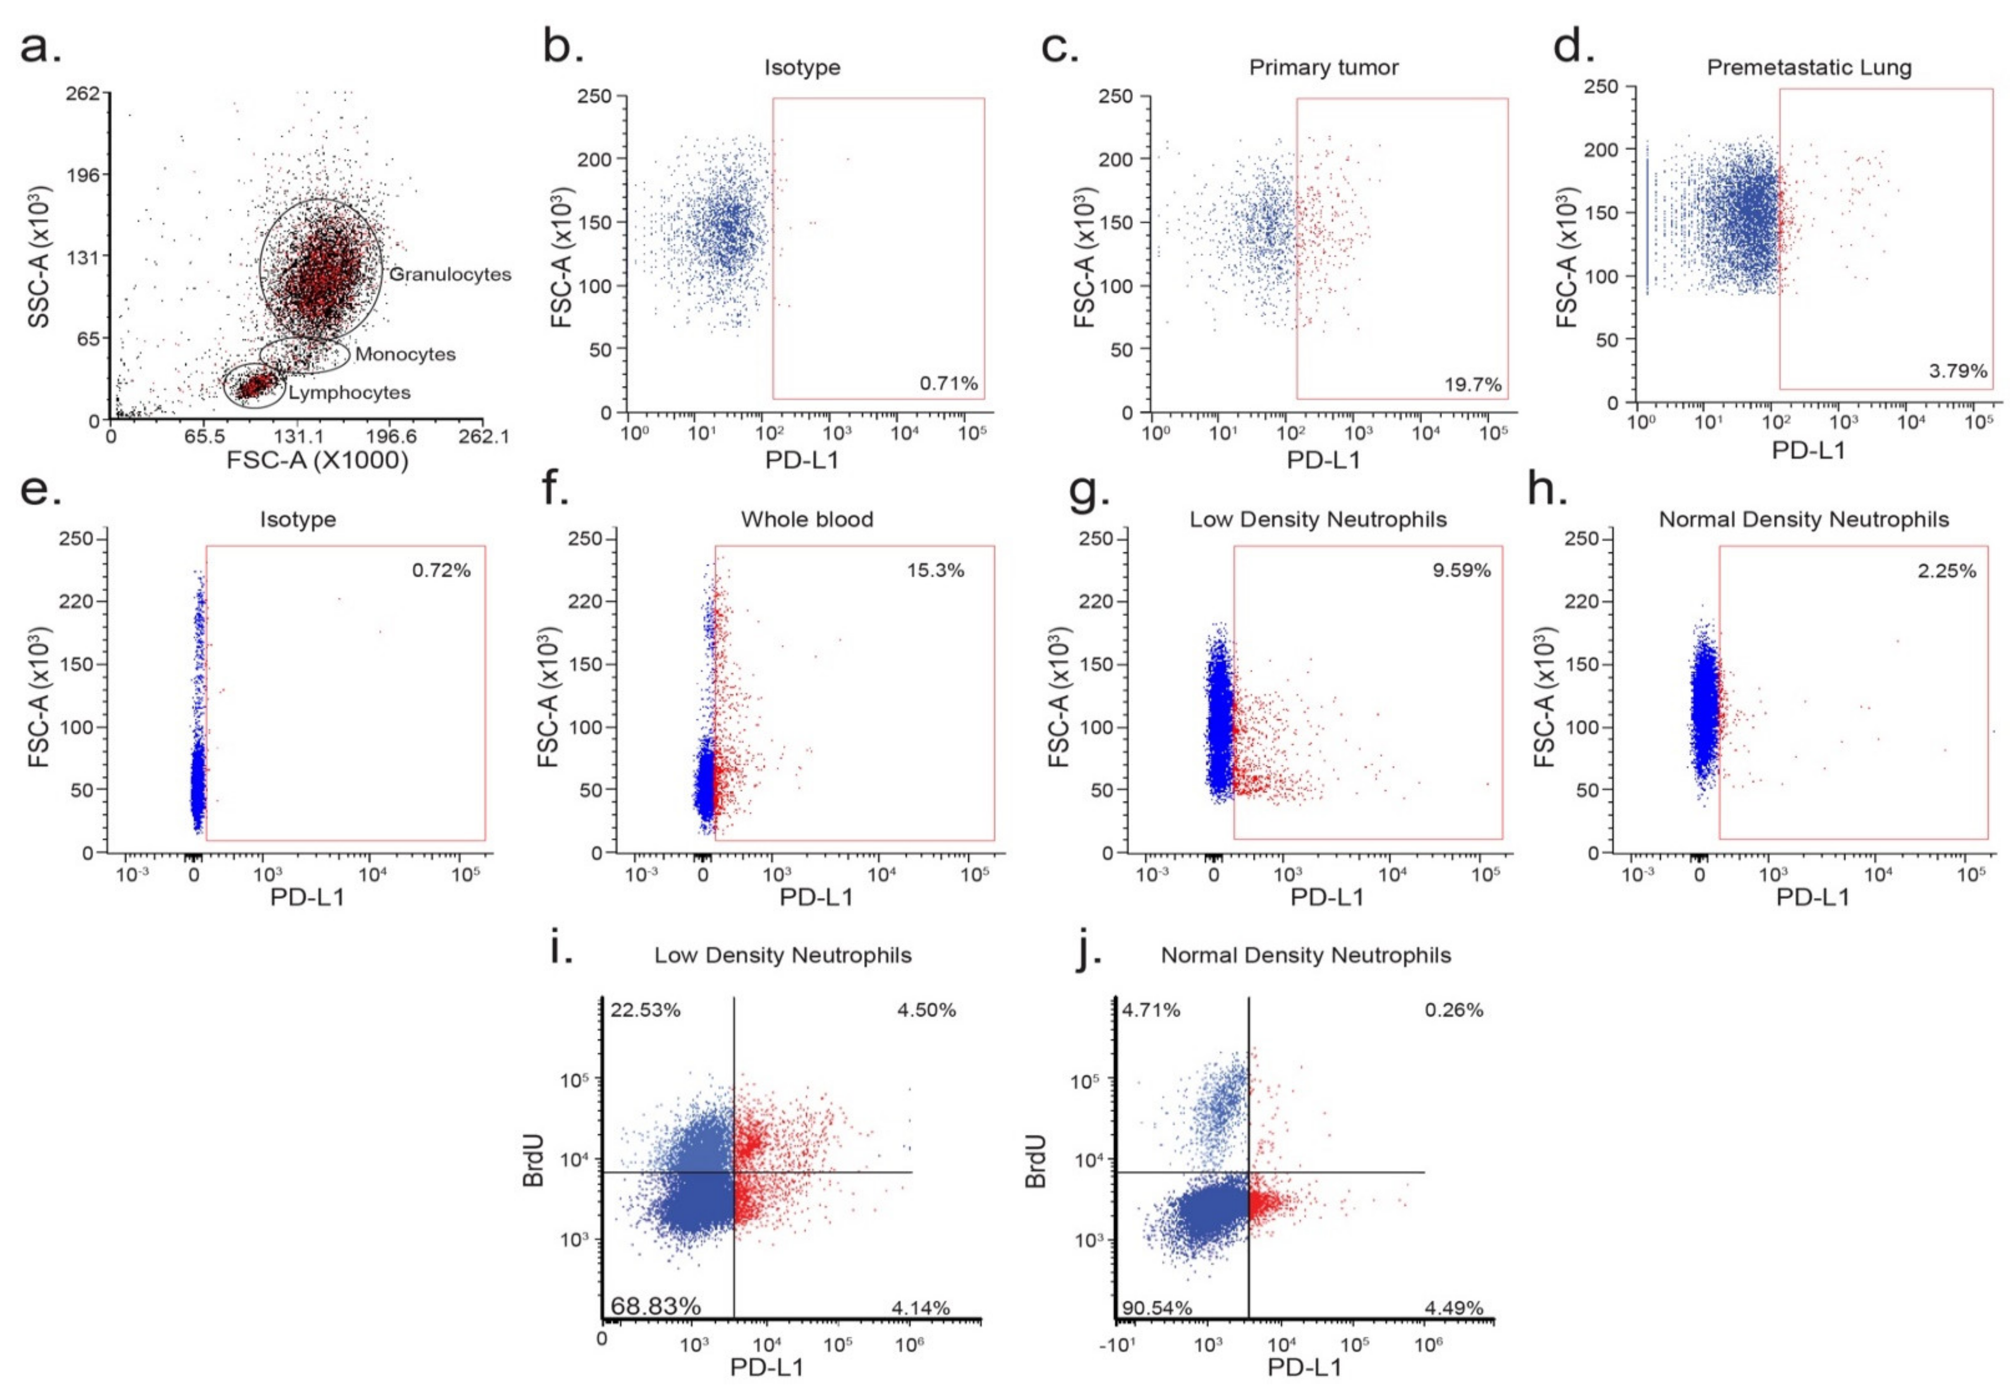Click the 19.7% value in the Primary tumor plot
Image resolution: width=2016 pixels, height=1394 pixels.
pos(1473,384)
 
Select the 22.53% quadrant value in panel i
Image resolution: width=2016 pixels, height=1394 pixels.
pos(645,1011)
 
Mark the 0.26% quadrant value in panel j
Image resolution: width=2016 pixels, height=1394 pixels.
pos(1453,1011)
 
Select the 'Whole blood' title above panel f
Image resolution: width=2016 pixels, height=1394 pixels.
pos(807,520)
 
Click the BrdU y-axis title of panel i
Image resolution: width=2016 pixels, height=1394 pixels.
pos(533,1161)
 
